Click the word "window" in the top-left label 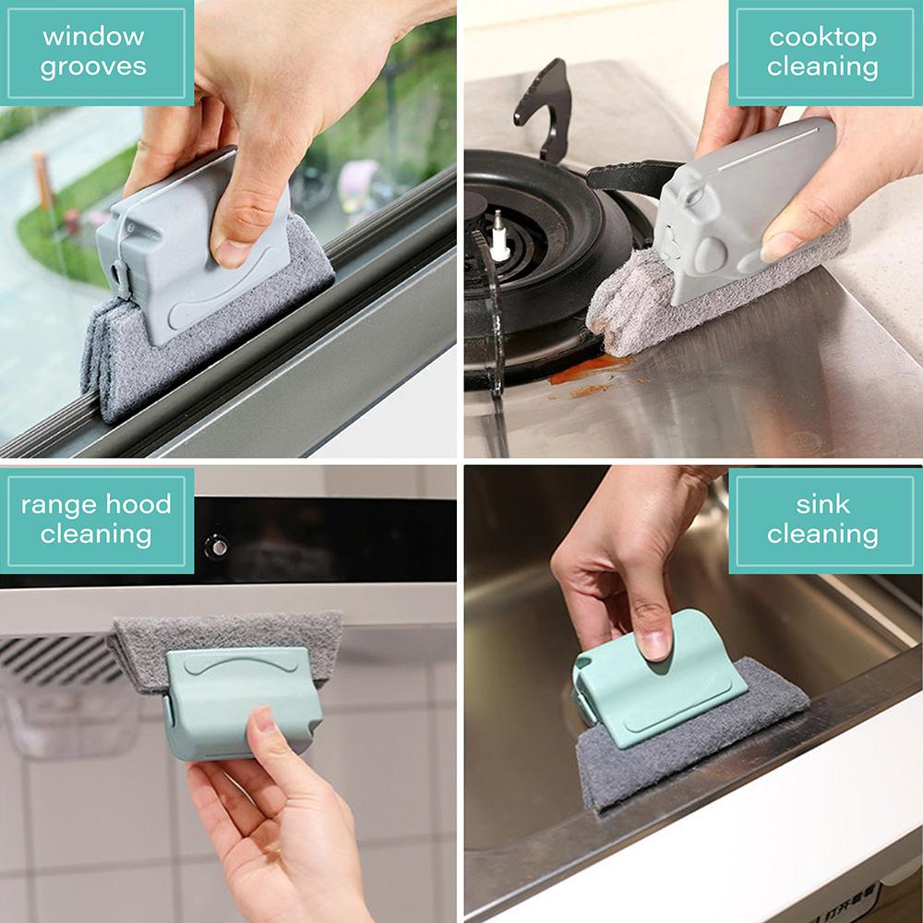(x=93, y=37)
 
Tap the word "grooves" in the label (x=93, y=67)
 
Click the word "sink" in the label (x=822, y=504)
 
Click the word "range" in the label (x=58, y=504)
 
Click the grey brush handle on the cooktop (x=738, y=212)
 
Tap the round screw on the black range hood (x=219, y=545)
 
